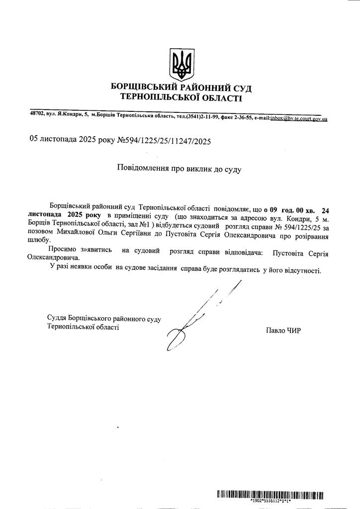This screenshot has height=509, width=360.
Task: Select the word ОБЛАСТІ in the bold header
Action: pos(220,98)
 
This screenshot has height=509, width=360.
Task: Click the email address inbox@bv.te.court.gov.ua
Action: pos(298,118)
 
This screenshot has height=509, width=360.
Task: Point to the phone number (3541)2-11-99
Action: pos(202,117)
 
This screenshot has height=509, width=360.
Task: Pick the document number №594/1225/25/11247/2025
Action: pos(164,141)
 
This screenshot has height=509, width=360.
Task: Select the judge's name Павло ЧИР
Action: pos(284,330)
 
